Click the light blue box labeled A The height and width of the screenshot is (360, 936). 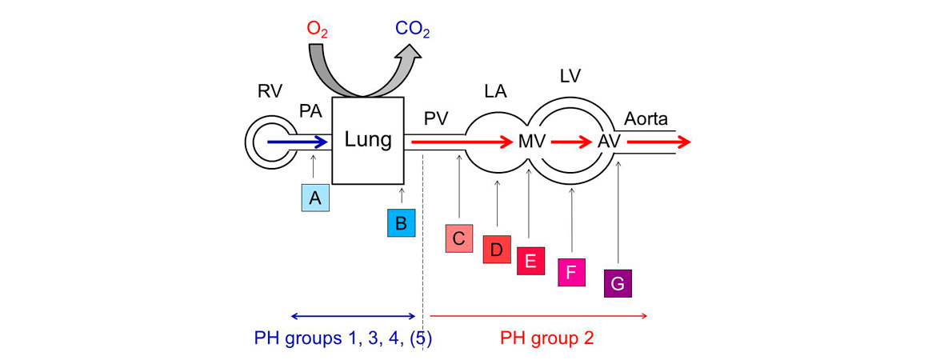(x=315, y=198)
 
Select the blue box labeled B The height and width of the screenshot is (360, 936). (x=401, y=222)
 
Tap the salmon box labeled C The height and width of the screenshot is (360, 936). (x=459, y=238)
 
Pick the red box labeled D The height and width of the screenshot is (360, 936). (x=497, y=250)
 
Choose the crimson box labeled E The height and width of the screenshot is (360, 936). (x=530, y=262)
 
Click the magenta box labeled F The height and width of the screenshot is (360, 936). (x=571, y=272)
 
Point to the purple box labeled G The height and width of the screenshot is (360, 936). (x=618, y=283)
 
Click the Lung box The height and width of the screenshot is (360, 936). (x=367, y=141)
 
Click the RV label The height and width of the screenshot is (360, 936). (x=270, y=90)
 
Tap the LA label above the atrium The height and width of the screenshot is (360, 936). (x=495, y=92)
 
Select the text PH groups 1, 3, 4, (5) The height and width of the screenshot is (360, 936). (x=343, y=338)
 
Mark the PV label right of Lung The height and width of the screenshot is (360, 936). (x=436, y=119)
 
